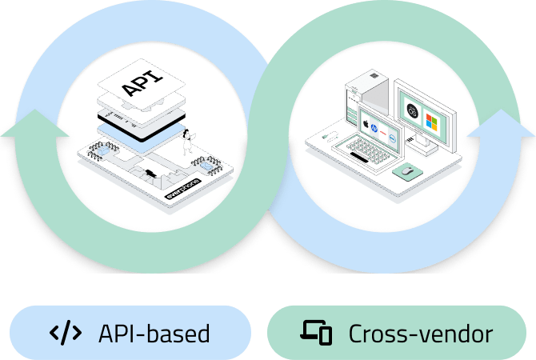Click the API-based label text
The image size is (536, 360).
[x=154, y=332]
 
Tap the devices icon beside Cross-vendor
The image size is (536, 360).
[x=316, y=332]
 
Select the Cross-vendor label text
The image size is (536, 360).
[x=420, y=332]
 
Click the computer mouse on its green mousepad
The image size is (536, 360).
[x=409, y=170]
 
